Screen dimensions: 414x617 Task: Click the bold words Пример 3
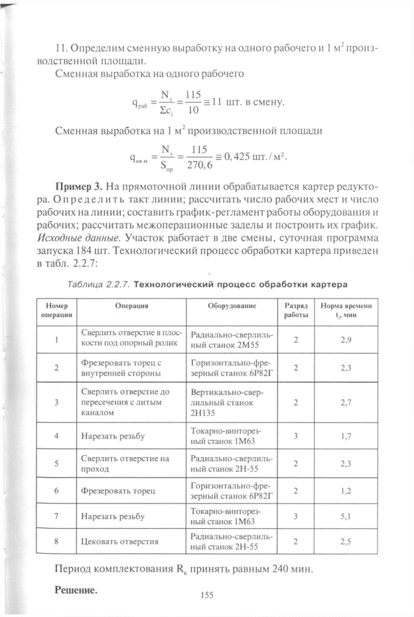tap(78, 185)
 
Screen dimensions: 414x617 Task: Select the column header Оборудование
tap(231, 307)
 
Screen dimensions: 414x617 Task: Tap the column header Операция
tap(131, 307)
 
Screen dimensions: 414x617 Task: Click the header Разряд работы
tap(295, 310)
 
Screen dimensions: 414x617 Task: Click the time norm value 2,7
tap(346, 402)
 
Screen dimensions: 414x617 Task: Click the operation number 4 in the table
tap(56, 436)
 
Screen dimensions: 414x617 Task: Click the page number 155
tap(207, 596)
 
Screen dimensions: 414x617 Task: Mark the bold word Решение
tap(76, 589)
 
